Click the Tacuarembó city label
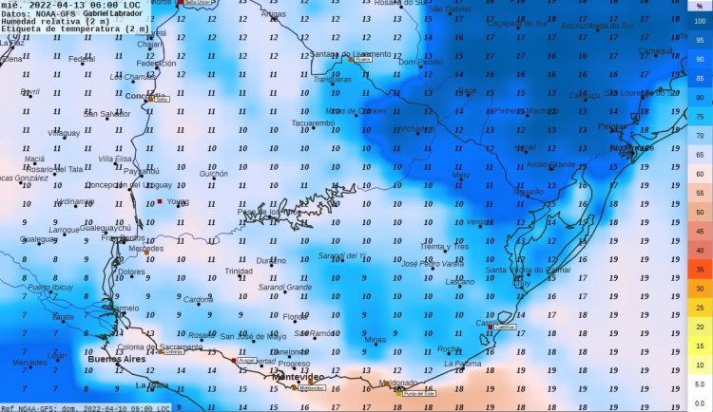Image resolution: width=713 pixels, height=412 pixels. point(313,123)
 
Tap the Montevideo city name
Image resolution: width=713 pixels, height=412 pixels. point(299,377)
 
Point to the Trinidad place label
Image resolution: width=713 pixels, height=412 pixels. point(238,272)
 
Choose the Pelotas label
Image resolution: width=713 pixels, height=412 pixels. point(612,126)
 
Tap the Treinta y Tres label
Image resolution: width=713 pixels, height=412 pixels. point(444,247)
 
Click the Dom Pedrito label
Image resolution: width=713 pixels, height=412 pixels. point(420,62)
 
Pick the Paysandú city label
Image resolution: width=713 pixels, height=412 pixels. point(141,171)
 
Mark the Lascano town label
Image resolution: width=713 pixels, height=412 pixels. point(460,282)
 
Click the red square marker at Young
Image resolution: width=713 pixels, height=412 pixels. point(160,202)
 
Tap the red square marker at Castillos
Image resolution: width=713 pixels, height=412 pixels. point(491,327)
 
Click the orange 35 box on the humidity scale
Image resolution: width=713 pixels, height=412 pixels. point(700,270)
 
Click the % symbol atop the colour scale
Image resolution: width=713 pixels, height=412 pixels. point(699,5)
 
